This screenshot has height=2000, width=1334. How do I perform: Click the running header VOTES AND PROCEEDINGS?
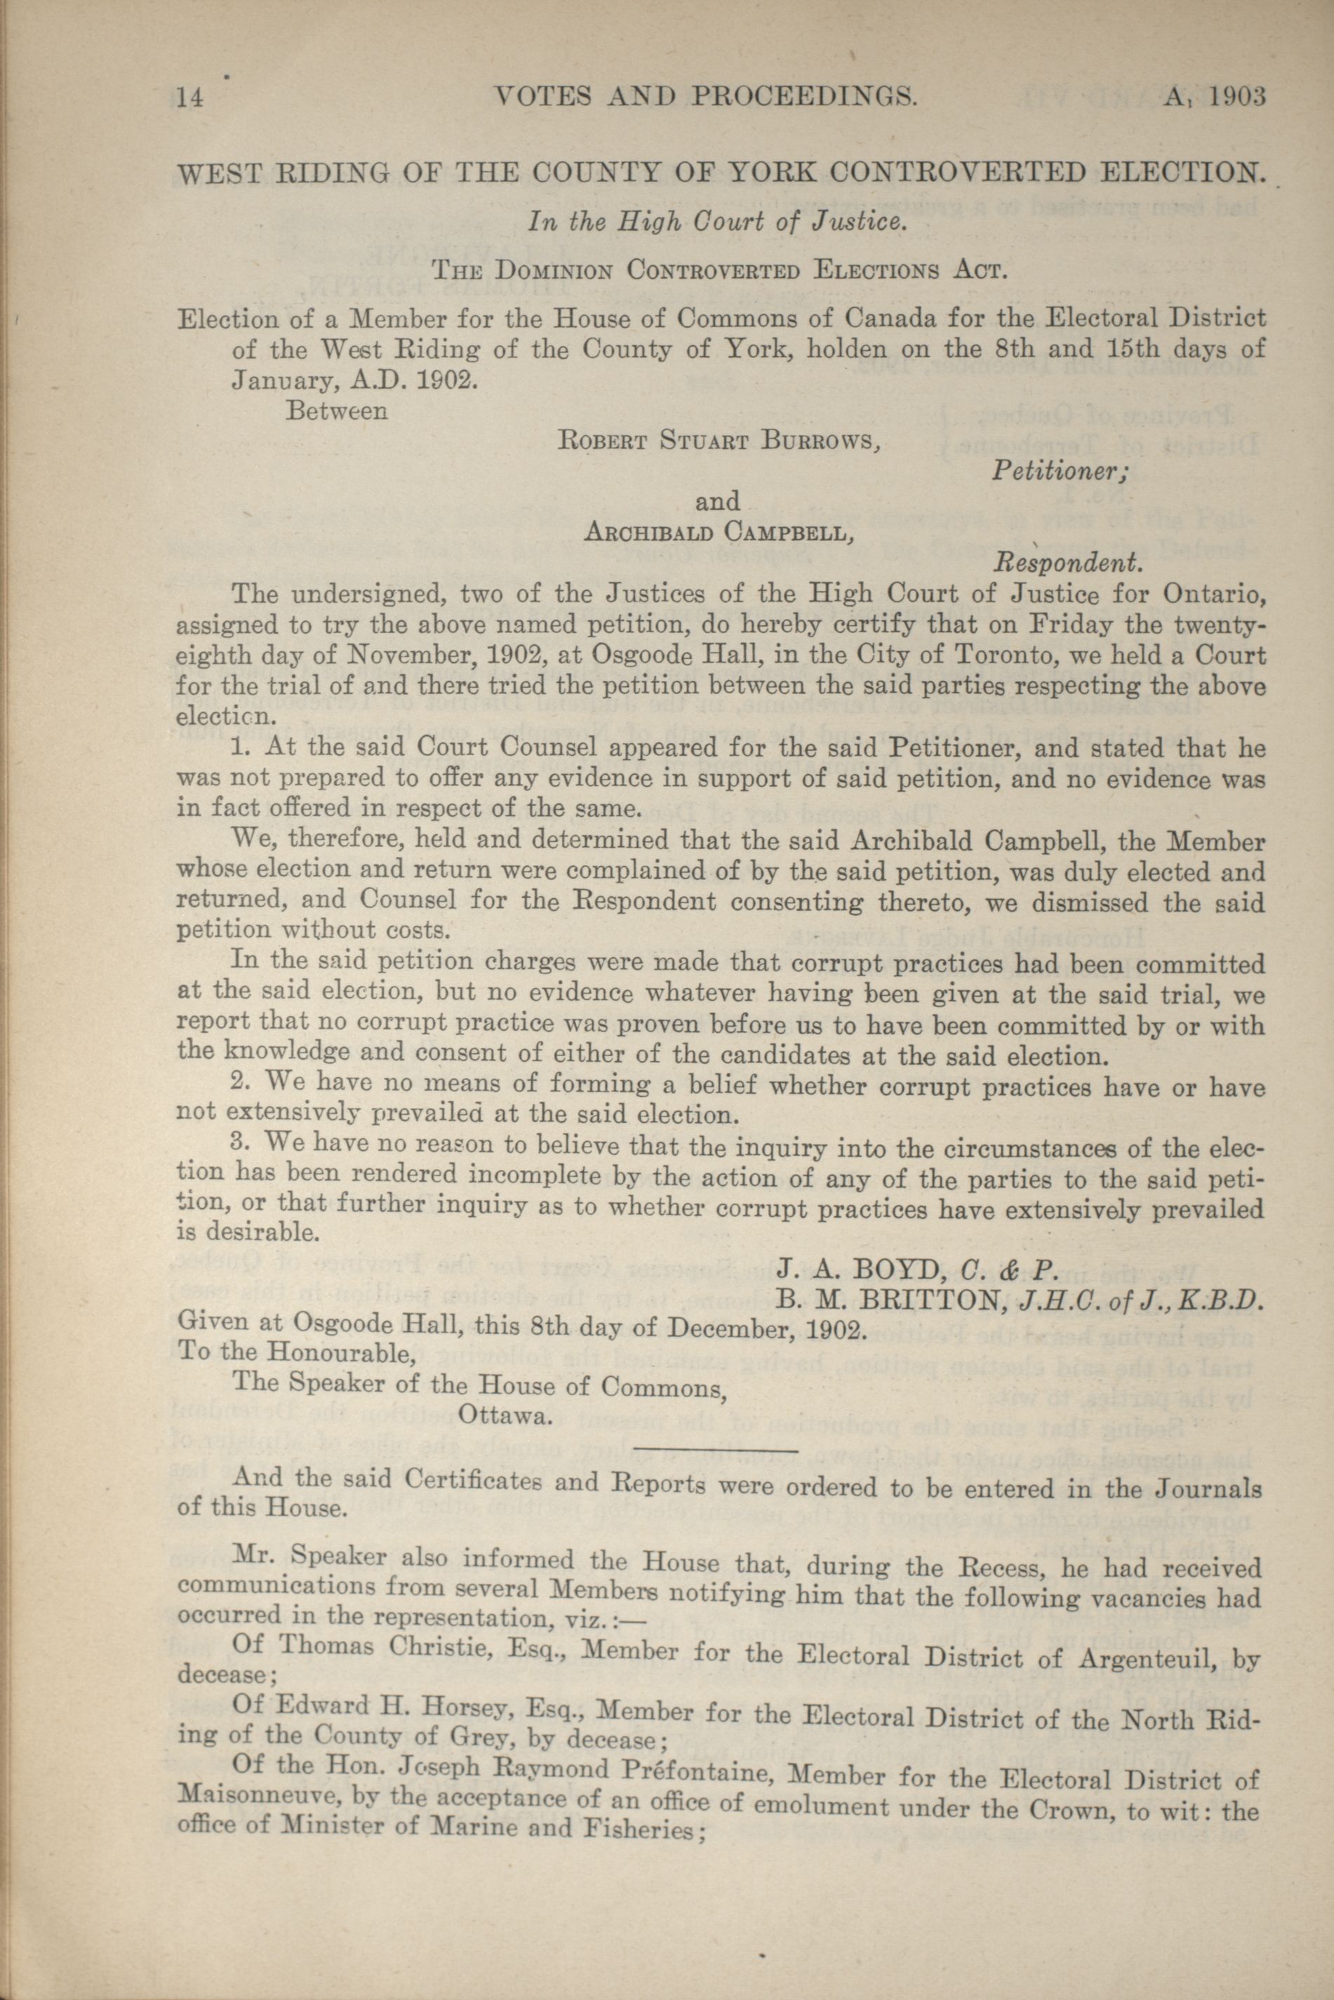[x=705, y=97]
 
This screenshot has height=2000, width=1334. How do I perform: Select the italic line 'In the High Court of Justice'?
[x=714, y=223]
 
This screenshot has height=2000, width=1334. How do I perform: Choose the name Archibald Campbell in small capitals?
[x=718, y=533]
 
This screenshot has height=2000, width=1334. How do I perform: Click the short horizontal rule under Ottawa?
[x=716, y=1450]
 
